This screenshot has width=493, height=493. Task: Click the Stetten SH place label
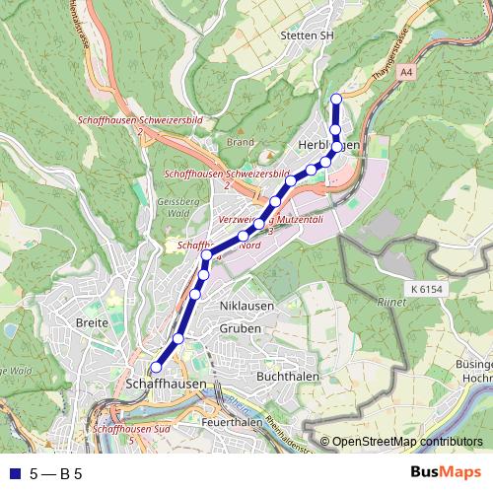tap(308, 35)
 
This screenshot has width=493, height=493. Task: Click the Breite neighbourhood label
tap(92, 322)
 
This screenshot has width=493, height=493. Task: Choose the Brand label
tap(241, 142)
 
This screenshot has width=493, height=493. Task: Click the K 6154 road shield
tap(427, 288)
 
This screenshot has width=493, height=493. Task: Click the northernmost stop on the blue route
tap(336, 99)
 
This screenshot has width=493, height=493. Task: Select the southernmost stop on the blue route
tap(156, 367)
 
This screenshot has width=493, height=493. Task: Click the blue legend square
tap(12, 473)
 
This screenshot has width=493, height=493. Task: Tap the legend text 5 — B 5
tap(56, 473)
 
